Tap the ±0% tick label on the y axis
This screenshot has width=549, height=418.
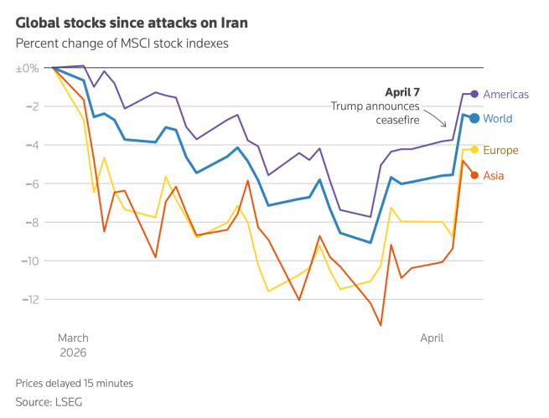click(28, 68)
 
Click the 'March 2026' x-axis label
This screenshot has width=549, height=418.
click(73, 345)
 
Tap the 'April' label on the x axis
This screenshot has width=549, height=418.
click(432, 338)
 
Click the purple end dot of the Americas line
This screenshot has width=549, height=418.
click(474, 94)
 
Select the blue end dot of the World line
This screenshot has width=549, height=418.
click(474, 118)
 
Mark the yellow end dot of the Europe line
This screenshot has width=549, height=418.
click(474, 150)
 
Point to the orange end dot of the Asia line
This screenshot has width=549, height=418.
click(474, 175)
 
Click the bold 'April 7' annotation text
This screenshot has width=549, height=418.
click(402, 91)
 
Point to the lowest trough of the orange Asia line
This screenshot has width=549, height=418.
click(381, 325)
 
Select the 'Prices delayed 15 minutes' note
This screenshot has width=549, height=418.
click(74, 383)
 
